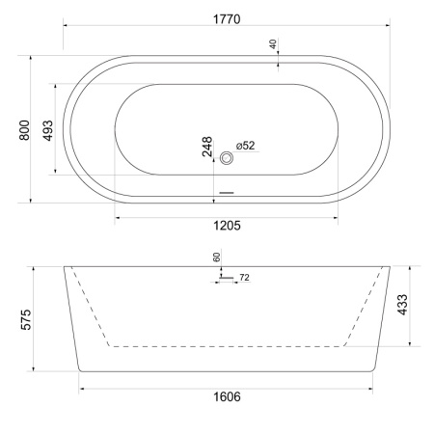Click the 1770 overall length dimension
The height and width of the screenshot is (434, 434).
(x=228, y=19)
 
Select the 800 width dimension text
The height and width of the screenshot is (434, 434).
(x=26, y=128)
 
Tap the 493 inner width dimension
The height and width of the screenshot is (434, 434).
(x=48, y=129)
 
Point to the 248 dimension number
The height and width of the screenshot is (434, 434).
(x=207, y=148)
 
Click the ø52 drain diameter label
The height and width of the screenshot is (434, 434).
(x=245, y=146)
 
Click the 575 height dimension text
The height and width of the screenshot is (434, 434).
(x=26, y=319)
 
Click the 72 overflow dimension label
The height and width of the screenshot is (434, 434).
(x=244, y=278)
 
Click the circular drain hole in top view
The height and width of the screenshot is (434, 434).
(x=228, y=158)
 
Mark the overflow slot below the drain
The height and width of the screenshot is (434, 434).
(x=227, y=191)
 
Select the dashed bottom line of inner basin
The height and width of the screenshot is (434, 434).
(x=227, y=344)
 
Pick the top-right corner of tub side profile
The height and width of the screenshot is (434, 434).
(x=390, y=266)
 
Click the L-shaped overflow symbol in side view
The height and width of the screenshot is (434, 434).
(x=223, y=278)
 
